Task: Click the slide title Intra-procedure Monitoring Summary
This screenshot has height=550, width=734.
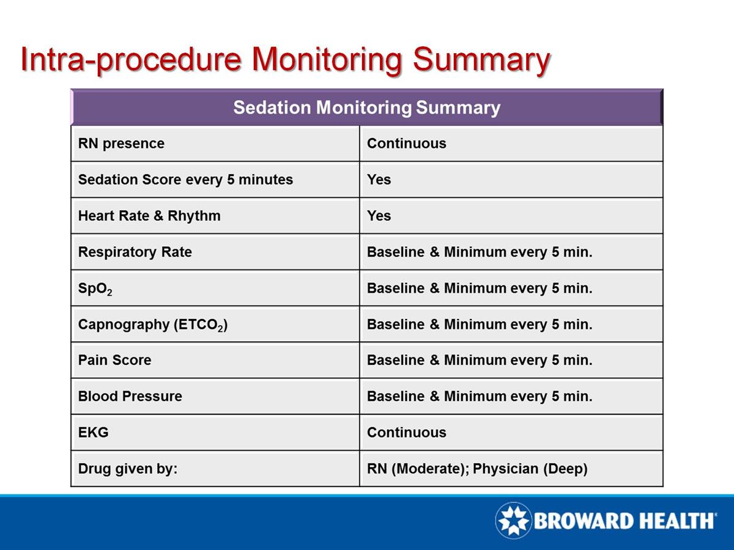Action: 284,60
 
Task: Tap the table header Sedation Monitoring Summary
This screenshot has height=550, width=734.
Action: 366,108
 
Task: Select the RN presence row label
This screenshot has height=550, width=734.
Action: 121,144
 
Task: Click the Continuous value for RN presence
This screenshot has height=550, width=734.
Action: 406,144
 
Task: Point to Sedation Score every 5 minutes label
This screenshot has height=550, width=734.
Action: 185,180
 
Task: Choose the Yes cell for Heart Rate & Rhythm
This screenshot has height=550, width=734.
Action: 379,216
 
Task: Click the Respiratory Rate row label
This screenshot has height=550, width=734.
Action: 135,252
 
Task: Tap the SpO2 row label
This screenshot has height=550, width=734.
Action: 95,288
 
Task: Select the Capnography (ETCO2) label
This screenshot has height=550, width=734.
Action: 153,324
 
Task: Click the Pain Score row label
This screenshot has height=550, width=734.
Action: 114,360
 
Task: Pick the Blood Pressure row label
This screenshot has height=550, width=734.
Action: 130,396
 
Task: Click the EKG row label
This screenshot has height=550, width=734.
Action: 93,432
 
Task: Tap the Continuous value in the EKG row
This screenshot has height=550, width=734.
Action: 406,432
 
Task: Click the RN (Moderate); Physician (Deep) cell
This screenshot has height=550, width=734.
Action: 477,469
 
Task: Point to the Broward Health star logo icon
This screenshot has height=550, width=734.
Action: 513,521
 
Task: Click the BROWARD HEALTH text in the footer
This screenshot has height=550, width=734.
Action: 624,521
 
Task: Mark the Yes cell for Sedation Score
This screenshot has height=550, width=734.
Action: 379,180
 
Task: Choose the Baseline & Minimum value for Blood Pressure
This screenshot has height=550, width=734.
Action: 480,396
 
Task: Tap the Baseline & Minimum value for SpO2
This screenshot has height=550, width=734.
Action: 480,288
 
